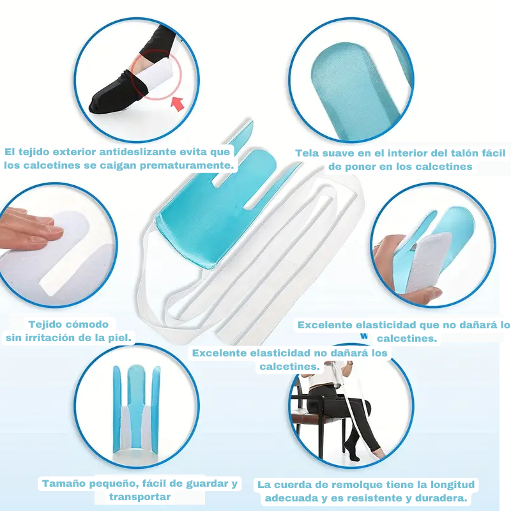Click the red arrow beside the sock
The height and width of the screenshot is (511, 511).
[178, 103]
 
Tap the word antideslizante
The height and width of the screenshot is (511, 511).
[137, 152]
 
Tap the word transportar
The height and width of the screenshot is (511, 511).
[140, 497]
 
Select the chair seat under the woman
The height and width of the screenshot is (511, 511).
[313, 416]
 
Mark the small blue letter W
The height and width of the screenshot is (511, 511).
[364, 336]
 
